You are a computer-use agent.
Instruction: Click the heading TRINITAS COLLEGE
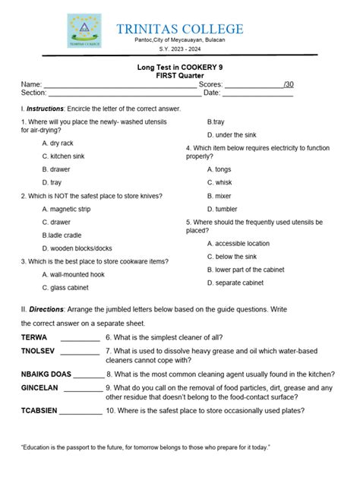click(179, 29)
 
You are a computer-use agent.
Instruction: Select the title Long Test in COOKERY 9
click(180, 68)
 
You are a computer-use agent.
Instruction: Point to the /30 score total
click(288, 84)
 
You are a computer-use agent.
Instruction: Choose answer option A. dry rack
click(58, 143)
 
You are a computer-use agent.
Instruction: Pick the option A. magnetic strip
click(66, 209)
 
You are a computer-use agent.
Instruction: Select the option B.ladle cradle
click(62, 235)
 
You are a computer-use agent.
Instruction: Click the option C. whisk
click(219, 182)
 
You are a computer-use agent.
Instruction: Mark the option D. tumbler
click(222, 209)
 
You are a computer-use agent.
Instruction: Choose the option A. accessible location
click(238, 244)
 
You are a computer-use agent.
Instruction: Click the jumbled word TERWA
click(34, 336)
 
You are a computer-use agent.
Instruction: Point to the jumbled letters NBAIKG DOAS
click(46, 374)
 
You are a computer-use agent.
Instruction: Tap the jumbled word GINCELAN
click(40, 387)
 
